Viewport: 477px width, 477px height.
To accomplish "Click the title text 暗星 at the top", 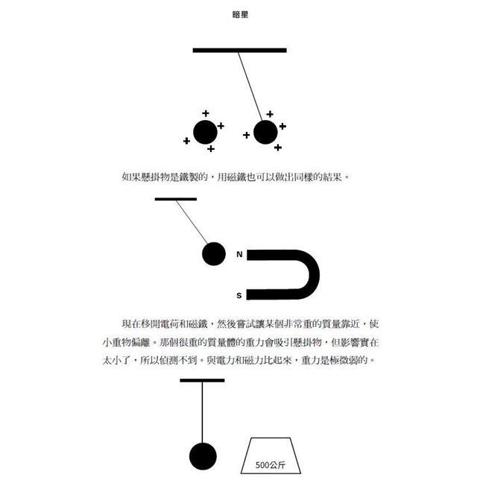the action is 240,14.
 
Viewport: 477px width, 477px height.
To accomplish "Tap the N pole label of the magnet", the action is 239,254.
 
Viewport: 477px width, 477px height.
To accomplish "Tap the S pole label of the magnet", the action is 239,295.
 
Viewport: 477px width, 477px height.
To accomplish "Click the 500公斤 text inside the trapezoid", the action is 271,465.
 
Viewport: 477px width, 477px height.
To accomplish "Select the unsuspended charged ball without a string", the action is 206,132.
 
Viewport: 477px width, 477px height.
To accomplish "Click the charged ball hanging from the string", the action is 265,132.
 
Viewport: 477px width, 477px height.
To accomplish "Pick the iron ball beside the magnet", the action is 214,253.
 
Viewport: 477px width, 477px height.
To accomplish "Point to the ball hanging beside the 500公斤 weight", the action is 203,456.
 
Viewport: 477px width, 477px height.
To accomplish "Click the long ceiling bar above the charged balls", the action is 240,50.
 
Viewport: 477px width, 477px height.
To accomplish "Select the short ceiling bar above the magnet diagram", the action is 176,199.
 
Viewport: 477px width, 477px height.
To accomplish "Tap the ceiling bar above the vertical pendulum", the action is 202,380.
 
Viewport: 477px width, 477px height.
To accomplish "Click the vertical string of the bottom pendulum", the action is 202,412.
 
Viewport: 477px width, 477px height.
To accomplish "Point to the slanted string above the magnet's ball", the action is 192,222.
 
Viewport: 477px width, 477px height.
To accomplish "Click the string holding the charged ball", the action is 250,86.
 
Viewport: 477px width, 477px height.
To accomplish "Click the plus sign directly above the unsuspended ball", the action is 206,113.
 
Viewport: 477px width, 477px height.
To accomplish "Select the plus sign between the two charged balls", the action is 247,135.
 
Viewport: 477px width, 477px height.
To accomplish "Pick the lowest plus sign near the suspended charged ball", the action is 278,148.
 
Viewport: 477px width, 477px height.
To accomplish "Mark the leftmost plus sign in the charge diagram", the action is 187,141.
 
